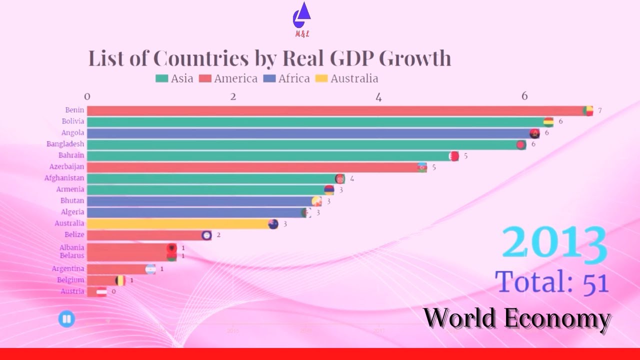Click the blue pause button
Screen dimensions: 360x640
(66, 318)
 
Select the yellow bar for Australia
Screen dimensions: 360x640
(180, 224)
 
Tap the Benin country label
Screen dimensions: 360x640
(74, 110)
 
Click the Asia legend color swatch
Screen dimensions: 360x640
(161, 78)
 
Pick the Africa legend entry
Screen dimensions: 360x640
(287, 78)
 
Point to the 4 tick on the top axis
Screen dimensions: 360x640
(378, 96)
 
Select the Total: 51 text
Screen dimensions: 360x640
(552, 281)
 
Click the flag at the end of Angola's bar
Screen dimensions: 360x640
(534, 133)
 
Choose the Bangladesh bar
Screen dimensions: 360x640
(305, 144)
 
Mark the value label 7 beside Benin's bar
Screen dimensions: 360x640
(599, 110)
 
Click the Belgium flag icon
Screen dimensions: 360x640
(120, 280)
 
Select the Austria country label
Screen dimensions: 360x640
(72, 291)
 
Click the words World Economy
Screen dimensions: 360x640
(517, 318)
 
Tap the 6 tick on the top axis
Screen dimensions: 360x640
(524, 96)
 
